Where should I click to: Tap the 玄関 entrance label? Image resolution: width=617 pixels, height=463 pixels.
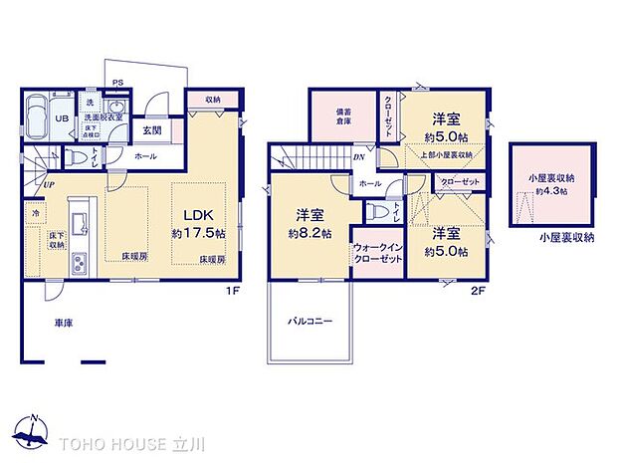151,129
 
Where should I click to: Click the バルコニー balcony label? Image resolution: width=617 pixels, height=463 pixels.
310,322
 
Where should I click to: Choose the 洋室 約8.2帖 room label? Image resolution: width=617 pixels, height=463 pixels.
308,223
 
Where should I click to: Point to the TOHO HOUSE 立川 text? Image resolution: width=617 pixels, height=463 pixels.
121,440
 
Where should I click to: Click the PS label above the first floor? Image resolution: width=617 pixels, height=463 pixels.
117,84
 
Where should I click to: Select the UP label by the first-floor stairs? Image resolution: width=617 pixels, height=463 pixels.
47,184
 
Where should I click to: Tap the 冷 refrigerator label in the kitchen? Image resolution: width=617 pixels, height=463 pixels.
35,211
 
